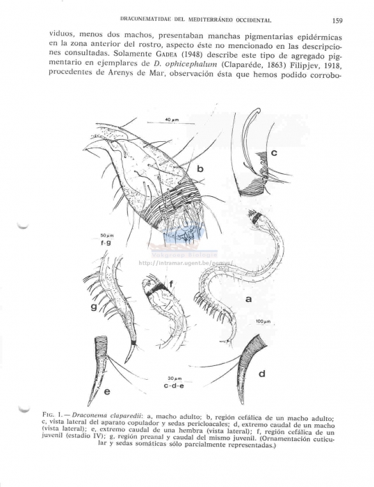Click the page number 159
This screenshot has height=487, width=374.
(337, 21)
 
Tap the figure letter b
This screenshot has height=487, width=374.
(200, 169)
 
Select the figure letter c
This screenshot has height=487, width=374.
(274, 152)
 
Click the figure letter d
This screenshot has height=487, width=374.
(261, 374)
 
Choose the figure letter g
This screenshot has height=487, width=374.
(93, 305)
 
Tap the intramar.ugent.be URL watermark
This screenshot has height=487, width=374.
(186, 263)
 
